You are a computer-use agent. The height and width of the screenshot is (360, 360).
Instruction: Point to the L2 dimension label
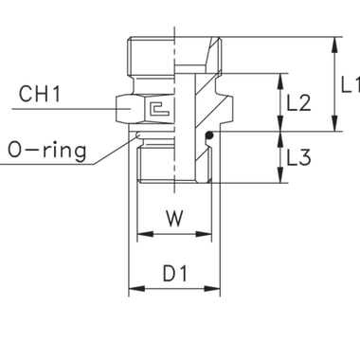298,104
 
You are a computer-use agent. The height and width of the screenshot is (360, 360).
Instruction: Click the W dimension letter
172,219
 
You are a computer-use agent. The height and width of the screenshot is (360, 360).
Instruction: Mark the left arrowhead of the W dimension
142,233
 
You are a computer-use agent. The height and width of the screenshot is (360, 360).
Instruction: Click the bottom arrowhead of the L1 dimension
333,128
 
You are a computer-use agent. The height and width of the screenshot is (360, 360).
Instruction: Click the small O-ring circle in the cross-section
209,138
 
